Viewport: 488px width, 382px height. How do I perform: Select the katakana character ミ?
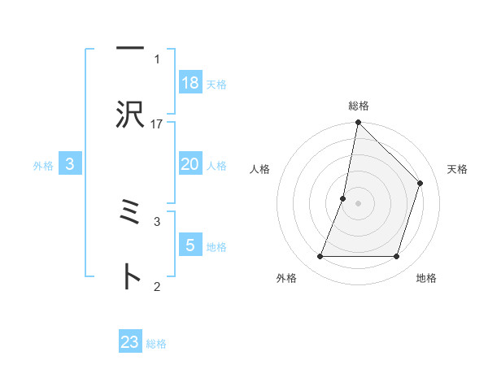(x=130, y=213)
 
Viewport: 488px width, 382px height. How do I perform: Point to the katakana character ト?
(x=130, y=277)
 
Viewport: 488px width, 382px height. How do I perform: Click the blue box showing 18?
(x=190, y=83)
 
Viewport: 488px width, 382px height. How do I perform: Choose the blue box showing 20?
(x=190, y=164)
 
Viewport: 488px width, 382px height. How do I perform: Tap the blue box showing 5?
(x=190, y=245)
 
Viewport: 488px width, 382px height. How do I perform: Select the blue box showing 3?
(x=70, y=164)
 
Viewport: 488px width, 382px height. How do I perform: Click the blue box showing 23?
(x=130, y=342)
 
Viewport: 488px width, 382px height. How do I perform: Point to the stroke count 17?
(x=157, y=124)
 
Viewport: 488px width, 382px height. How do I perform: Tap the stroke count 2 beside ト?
(x=156, y=285)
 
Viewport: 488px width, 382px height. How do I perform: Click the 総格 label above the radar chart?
(x=358, y=106)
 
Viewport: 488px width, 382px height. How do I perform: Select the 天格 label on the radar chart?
(x=457, y=169)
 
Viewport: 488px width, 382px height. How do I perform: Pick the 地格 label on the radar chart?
(x=426, y=278)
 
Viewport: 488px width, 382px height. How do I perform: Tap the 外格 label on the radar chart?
(x=286, y=278)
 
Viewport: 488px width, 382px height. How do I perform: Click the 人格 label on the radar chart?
(x=259, y=169)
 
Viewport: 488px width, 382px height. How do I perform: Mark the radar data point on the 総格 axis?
(x=358, y=124)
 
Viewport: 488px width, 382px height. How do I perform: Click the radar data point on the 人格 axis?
(x=343, y=198)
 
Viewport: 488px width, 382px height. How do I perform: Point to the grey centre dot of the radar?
(x=358, y=203)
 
